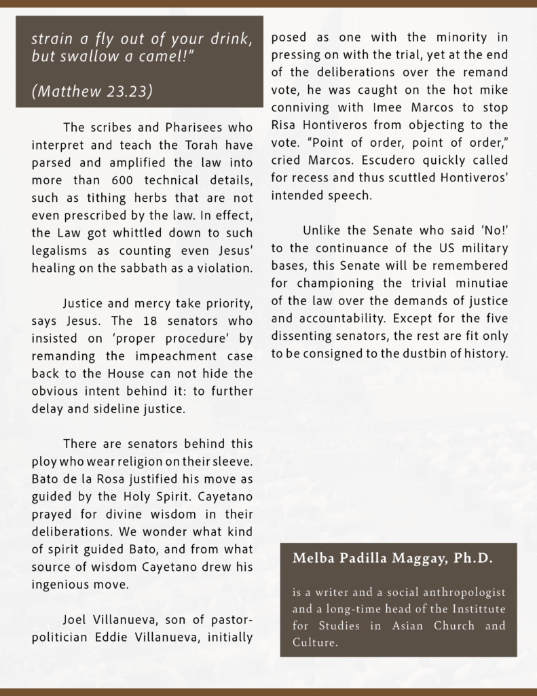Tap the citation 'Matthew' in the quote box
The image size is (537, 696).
pyautogui.click(x=62, y=92)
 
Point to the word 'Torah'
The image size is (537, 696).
pyautogui.click(x=186, y=145)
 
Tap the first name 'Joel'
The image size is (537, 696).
pyautogui.click(x=76, y=620)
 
